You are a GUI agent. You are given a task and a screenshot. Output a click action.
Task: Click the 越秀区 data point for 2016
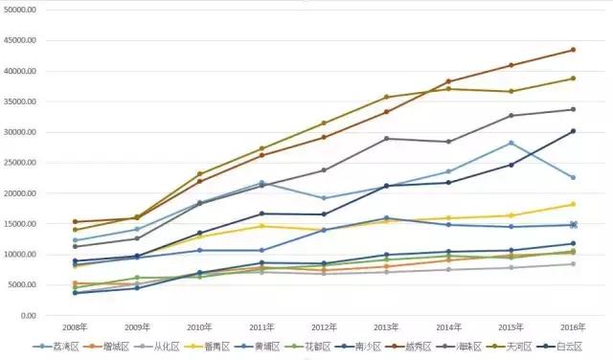(573, 50)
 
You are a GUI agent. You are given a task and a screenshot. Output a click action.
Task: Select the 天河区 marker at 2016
(573, 79)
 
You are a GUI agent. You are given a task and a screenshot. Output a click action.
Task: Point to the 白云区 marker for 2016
(573, 131)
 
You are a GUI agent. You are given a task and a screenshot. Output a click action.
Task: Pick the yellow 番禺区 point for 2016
(573, 204)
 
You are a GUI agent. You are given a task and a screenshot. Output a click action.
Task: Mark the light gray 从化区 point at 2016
(573, 263)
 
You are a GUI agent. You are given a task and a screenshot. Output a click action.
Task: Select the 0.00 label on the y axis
(29, 316)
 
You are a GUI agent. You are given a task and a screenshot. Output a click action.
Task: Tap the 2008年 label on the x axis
(76, 327)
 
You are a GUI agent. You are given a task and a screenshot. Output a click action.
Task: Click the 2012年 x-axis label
(324, 327)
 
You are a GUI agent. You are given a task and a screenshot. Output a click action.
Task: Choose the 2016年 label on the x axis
(573, 327)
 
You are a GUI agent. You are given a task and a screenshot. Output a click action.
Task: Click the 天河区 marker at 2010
(200, 174)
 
